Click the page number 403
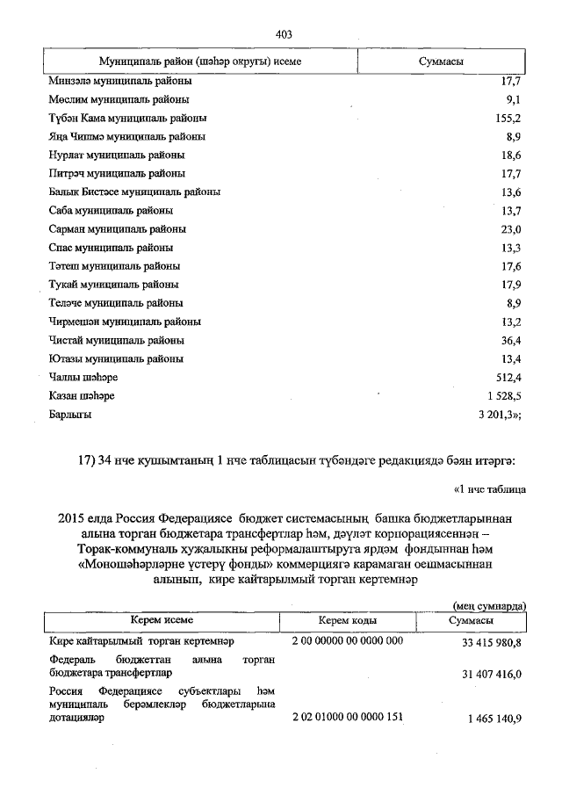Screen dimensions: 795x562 point(283,34)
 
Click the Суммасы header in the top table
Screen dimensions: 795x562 point(442,62)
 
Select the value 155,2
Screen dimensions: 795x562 point(508,118)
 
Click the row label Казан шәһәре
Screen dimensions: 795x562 point(82,396)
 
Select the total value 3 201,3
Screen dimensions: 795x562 point(500,415)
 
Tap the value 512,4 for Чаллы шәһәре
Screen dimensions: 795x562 point(508,378)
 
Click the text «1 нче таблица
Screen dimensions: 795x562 point(488,488)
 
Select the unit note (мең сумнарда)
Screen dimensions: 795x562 point(489,605)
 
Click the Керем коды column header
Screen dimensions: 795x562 point(347,621)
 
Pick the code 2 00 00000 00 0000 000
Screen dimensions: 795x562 point(347,641)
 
